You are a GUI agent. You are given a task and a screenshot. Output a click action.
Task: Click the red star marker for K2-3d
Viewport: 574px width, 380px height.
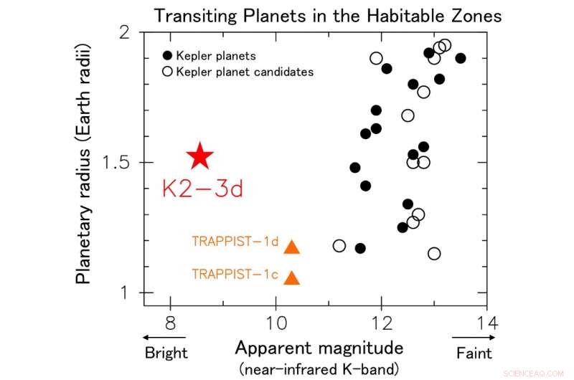(200, 156)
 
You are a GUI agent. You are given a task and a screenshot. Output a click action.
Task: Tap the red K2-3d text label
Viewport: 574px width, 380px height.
(202, 189)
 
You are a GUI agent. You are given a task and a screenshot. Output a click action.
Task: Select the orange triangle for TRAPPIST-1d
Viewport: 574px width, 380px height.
(291, 247)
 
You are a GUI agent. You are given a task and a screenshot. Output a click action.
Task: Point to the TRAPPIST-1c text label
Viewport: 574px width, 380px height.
(235, 274)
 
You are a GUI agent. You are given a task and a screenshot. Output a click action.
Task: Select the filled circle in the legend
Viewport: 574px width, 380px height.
(168, 56)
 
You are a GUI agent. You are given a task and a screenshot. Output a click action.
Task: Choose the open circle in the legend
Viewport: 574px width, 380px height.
(168, 72)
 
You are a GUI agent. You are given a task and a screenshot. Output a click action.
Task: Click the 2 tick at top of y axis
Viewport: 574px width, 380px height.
(131, 33)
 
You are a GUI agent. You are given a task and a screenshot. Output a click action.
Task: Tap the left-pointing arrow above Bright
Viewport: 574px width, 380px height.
(165, 336)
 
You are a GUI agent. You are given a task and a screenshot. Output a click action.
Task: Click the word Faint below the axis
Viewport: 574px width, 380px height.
(474, 353)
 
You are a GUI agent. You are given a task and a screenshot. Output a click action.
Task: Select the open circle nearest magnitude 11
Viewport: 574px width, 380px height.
(339, 246)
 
